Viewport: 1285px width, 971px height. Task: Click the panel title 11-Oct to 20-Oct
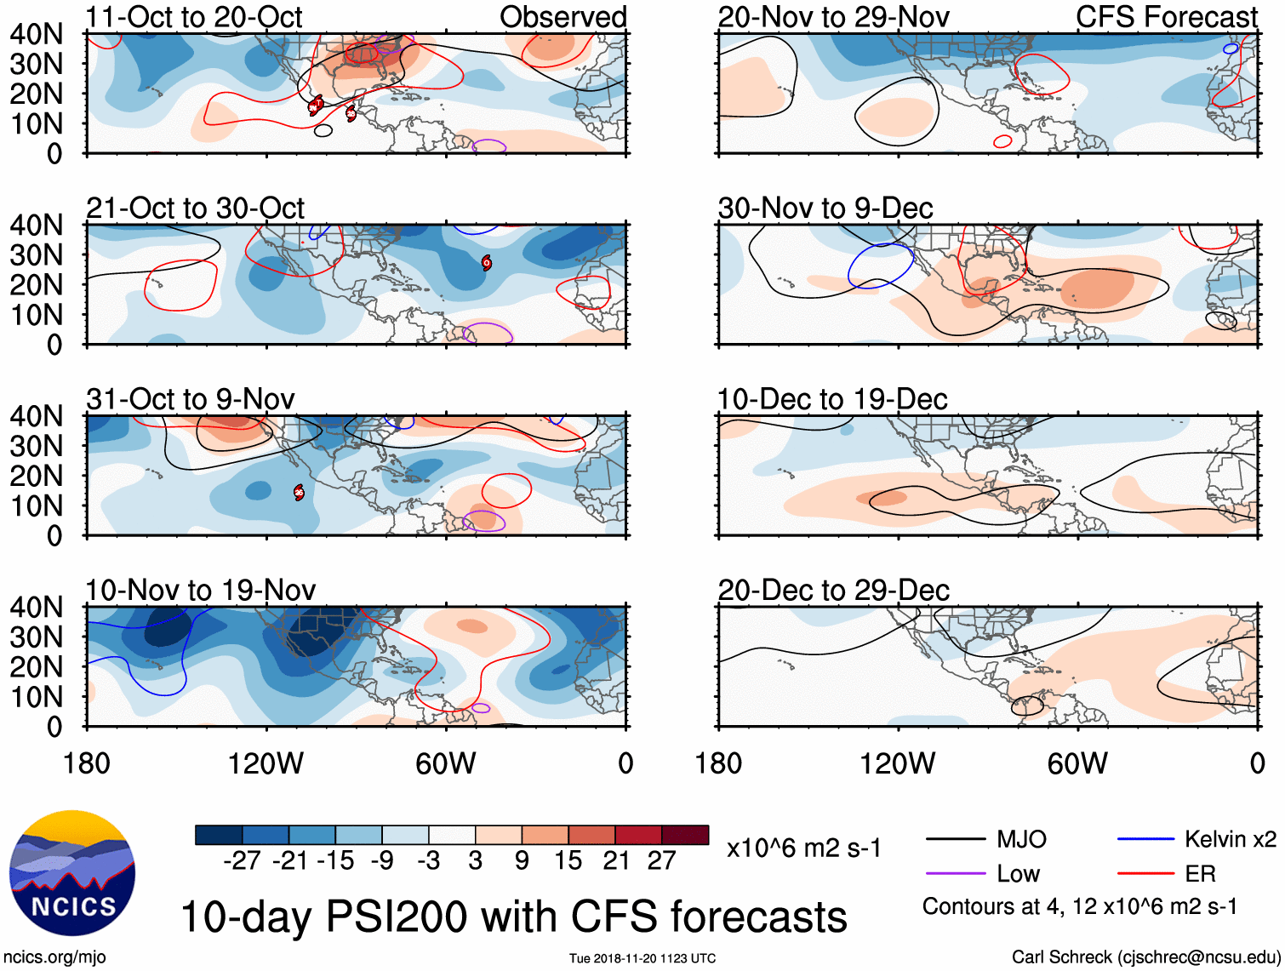point(194,17)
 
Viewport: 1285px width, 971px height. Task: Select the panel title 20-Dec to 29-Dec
point(833,591)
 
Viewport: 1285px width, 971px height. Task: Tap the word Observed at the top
point(563,17)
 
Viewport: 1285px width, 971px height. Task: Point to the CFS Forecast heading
point(1166,17)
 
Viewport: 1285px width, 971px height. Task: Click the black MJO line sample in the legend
point(955,840)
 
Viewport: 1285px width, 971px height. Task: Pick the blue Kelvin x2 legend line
point(1145,840)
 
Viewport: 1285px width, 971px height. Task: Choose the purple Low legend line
point(955,874)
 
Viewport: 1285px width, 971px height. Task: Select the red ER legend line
point(1145,874)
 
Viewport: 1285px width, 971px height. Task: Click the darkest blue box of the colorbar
point(219,835)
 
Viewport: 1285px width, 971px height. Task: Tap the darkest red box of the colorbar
point(685,835)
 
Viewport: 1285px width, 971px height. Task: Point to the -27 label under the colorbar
point(242,861)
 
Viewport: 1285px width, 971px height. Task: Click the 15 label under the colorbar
point(568,861)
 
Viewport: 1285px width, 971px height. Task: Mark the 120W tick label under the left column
point(266,763)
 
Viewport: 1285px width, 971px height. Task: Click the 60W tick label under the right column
point(1077,763)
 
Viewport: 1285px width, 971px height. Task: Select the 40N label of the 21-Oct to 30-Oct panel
point(36,226)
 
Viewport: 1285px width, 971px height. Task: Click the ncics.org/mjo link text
point(54,957)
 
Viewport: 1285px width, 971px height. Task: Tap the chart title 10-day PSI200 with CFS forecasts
point(514,917)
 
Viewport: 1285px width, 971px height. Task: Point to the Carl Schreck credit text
point(1145,957)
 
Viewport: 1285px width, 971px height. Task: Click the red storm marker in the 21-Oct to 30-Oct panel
point(486,262)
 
